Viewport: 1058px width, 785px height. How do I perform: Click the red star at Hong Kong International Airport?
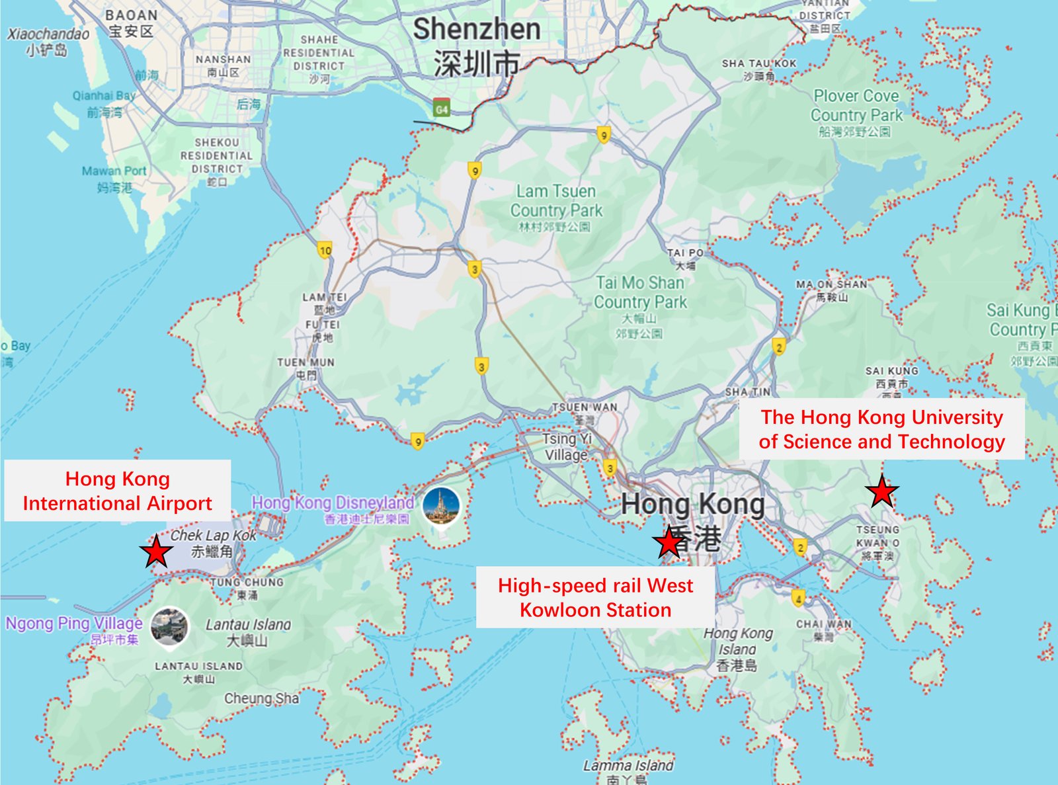157,552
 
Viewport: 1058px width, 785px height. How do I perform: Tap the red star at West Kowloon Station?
669,543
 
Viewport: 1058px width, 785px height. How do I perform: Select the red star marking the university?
881,492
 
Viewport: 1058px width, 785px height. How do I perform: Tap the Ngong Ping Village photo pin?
169,626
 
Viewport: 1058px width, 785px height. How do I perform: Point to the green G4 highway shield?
441,109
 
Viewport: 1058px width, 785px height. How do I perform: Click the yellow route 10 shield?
325,251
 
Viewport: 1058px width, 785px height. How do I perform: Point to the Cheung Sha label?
261,698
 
